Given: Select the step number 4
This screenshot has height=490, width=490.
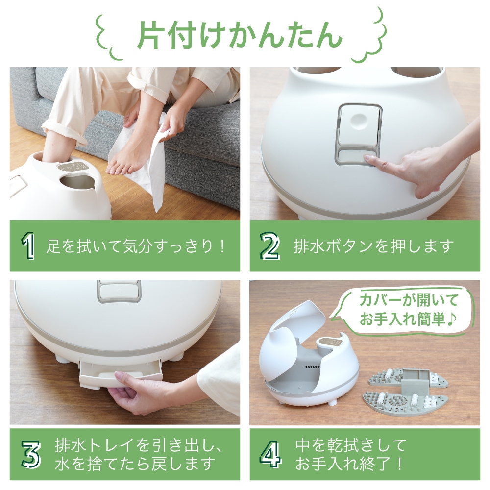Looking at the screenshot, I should (270, 454).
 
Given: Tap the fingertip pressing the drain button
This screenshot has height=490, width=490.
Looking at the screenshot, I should (368, 159).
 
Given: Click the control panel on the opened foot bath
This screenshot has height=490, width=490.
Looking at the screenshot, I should (331, 343).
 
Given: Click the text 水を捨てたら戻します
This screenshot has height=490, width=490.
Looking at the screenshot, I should (135, 463).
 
